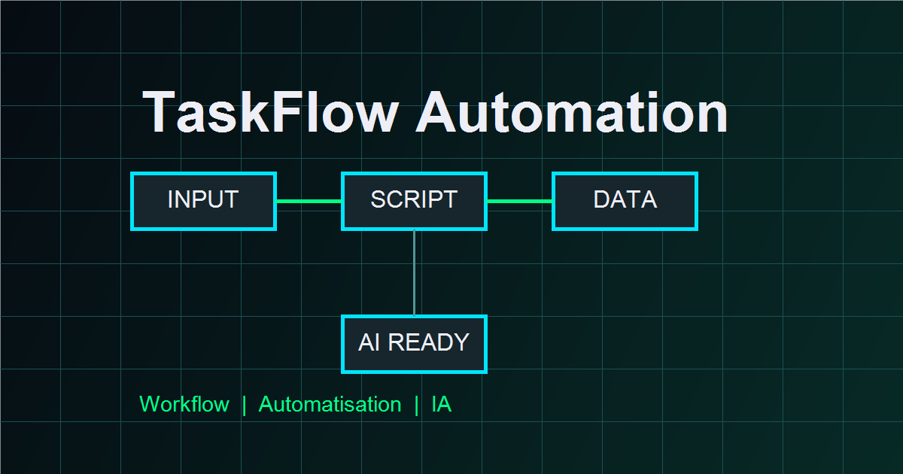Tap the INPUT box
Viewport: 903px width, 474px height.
[203, 201]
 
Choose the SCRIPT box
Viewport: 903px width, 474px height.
[414, 201]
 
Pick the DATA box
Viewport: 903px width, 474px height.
[625, 201]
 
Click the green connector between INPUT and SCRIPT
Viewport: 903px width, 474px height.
[309, 201]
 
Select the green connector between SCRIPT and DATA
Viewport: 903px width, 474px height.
[520, 201]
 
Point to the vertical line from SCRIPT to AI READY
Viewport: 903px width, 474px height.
[414, 272]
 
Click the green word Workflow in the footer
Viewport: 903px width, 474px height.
[184, 405]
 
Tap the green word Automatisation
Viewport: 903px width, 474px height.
[330, 405]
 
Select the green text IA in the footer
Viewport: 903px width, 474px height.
[441, 405]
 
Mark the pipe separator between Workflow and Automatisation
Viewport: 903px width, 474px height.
[244, 405]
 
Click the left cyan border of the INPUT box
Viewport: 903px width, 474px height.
[132, 201]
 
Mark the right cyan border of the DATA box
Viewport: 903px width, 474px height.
[695, 201]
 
